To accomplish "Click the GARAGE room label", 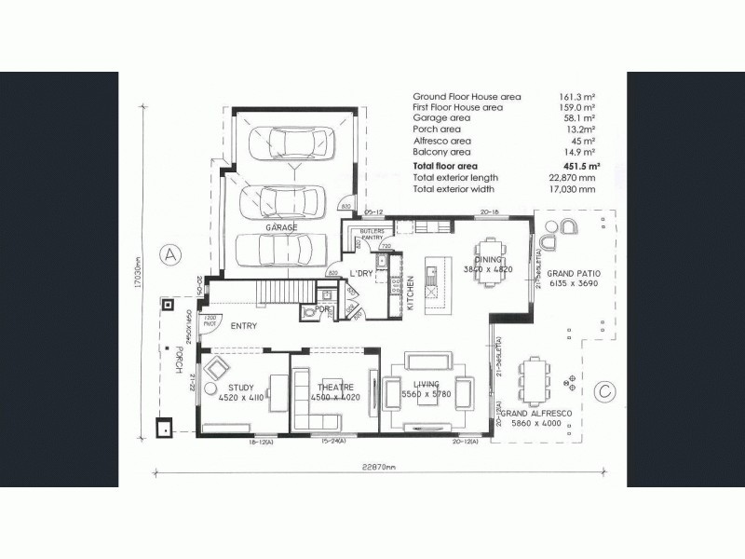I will [x=280, y=227].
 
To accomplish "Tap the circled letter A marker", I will [x=169, y=253].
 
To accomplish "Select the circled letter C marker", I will [x=605, y=390].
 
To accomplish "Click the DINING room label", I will [x=488, y=260].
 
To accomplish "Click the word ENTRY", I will [x=243, y=325].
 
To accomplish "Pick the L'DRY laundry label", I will [x=361, y=273].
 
